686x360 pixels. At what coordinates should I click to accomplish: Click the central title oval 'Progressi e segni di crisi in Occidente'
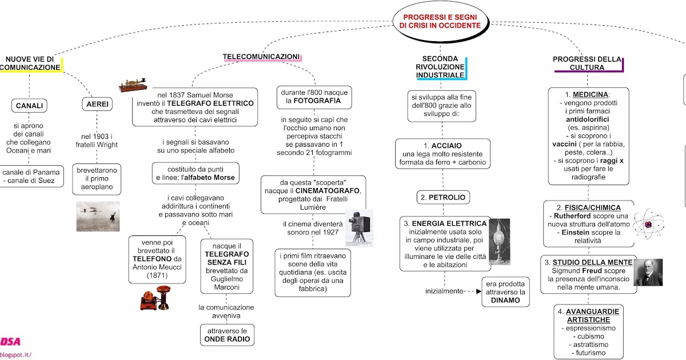(441, 22)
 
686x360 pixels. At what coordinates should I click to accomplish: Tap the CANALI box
(29, 106)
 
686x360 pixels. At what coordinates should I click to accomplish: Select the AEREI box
(97, 104)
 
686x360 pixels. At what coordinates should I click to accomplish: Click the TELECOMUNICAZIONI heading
(261, 57)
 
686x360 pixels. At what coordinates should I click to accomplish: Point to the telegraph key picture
(133, 85)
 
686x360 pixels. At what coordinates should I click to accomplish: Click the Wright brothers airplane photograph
(98, 216)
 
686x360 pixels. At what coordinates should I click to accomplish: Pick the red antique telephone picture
(155, 298)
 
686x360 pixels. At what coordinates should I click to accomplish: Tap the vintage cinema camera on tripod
(359, 228)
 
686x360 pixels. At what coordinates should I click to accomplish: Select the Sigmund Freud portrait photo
(648, 273)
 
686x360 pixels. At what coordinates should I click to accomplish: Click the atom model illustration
(648, 224)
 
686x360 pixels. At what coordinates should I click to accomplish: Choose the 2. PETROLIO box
(443, 198)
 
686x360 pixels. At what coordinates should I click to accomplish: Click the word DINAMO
(505, 301)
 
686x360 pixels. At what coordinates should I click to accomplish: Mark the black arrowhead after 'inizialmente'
(478, 291)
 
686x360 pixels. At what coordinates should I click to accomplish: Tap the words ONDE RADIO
(227, 339)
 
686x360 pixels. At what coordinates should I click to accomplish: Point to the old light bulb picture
(500, 242)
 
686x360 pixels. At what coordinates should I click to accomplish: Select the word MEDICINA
(590, 95)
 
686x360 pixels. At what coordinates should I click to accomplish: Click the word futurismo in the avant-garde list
(591, 353)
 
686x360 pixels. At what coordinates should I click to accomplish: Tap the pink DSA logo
(10, 341)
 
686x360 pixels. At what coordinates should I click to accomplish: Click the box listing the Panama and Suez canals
(31, 177)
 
